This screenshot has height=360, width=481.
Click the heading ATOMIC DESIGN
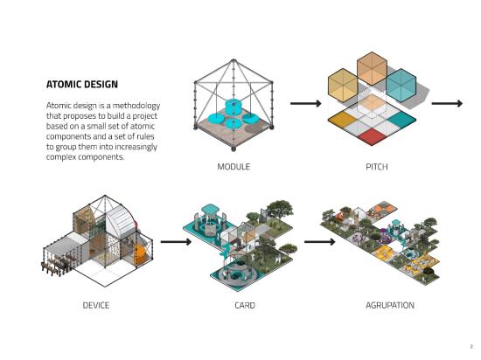(x=82, y=84)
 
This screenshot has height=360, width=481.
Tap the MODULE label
(x=234, y=167)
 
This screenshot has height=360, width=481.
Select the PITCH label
(x=377, y=167)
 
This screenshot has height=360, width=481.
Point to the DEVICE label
(x=96, y=305)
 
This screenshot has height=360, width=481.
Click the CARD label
(x=245, y=305)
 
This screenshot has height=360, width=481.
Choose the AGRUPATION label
(x=390, y=305)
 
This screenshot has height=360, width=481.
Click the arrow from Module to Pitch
(x=306, y=104)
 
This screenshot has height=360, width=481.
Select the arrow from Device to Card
(x=176, y=242)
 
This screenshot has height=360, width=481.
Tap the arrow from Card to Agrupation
(x=319, y=242)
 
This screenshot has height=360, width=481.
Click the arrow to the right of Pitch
(x=447, y=104)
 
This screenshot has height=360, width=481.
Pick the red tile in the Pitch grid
(x=372, y=136)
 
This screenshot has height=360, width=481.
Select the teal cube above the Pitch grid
(x=401, y=85)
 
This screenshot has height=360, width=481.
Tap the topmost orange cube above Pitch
(x=372, y=69)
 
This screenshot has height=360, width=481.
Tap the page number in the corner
(x=471, y=347)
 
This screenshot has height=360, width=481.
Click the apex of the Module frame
(x=234, y=60)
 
